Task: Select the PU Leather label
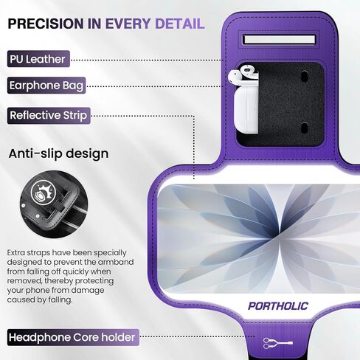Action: pos(38,59)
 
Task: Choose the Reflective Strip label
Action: pos(49,116)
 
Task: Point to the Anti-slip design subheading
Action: pos(58,154)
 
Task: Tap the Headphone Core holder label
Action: pos(72,338)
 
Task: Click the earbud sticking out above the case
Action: pos(234,75)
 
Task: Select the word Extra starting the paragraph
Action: pos(20,253)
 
